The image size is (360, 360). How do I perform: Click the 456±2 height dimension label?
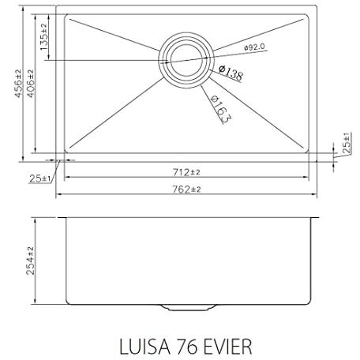[x=18, y=84]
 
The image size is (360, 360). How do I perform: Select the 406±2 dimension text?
[x=31, y=84]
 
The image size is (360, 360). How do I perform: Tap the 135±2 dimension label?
[x=43, y=37]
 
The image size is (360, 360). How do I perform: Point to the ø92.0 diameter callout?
[x=254, y=47]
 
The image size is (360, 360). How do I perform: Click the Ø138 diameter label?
[x=231, y=73]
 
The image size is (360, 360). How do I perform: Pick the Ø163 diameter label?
[x=221, y=109]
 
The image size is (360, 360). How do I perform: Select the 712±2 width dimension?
[x=186, y=172]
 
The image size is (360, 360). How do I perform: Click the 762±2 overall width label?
[x=186, y=189]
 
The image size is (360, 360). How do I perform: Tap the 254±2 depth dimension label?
[x=31, y=261]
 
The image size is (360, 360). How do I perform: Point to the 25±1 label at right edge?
[x=347, y=143]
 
